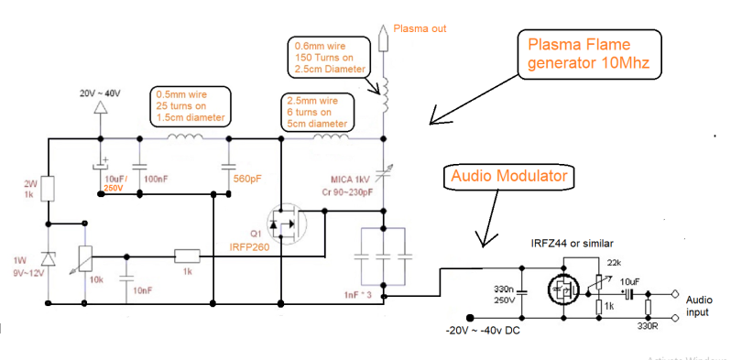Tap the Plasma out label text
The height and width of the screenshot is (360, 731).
point(420,28)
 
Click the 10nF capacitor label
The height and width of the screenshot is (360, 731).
point(143,289)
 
